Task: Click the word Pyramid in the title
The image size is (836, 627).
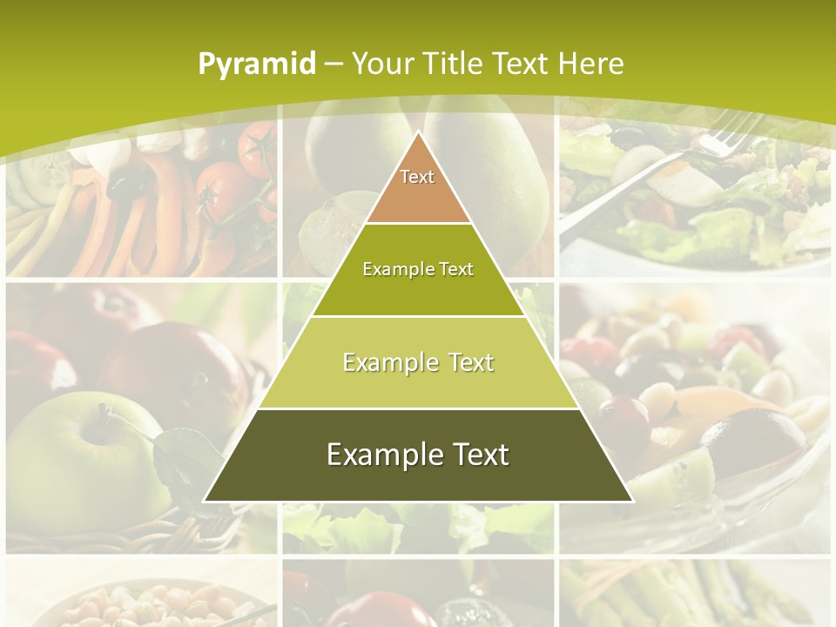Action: click(256, 64)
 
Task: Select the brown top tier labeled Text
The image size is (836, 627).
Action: click(418, 187)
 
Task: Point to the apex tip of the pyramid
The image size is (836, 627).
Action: click(418, 133)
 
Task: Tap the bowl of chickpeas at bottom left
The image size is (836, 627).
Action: click(139, 605)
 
